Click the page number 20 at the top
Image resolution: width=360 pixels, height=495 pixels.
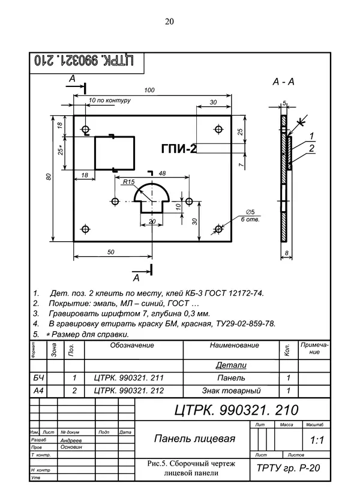click(169, 22)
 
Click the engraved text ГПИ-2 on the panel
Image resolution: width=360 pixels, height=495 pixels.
click(179, 149)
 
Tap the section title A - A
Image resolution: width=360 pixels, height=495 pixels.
click(283, 81)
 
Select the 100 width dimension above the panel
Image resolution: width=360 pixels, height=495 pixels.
click(150, 90)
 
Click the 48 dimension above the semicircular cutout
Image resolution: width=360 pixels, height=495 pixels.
click(162, 173)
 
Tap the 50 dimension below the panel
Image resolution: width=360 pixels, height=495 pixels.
click(110, 253)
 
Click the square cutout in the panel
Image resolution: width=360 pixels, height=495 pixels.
click(113, 152)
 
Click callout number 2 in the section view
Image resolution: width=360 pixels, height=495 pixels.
click(311, 148)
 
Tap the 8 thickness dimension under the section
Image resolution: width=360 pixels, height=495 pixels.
click(287, 253)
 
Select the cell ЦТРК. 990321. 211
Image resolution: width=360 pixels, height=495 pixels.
click(129, 378)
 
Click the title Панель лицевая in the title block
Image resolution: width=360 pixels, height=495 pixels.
click(194, 439)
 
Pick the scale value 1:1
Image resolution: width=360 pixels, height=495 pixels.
click(317, 440)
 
